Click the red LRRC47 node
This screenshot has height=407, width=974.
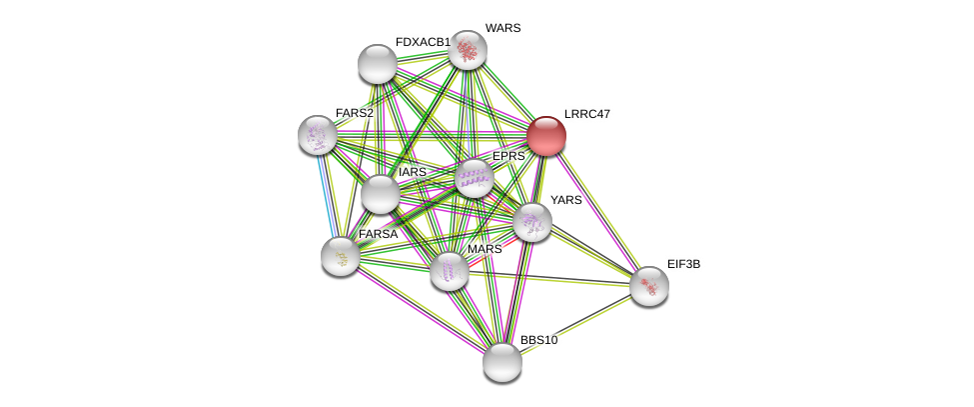pyautogui.click(x=546, y=136)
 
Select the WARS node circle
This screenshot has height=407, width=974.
pyautogui.click(x=467, y=50)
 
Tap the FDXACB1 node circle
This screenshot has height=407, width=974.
pyautogui.click(x=378, y=64)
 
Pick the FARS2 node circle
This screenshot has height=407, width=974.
pyautogui.click(x=318, y=135)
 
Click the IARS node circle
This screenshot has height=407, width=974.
pyautogui.click(x=380, y=194)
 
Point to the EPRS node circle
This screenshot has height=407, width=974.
pyautogui.click(x=475, y=178)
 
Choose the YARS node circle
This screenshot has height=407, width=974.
pyautogui.click(x=532, y=222)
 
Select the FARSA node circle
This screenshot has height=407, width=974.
pyautogui.click(x=341, y=256)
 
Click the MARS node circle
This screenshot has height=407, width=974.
pyautogui.click(x=450, y=271)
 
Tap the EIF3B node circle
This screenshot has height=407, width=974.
pyautogui.click(x=649, y=286)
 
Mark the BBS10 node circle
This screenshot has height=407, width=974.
pyautogui.click(x=502, y=362)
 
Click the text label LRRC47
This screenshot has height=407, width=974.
pyautogui.click(x=586, y=114)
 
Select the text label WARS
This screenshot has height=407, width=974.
pyautogui.click(x=502, y=28)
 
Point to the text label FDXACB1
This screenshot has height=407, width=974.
pyautogui.click(x=423, y=42)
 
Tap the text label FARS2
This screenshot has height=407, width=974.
pyautogui.click(x=355, y=113)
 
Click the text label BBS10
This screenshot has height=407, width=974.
pyautogui.click(x=538, y=340)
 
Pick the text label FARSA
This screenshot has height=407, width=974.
pyautogui.click(x=378, y=234)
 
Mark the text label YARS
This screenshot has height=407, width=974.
pyautogui.click(x=565, y=200)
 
